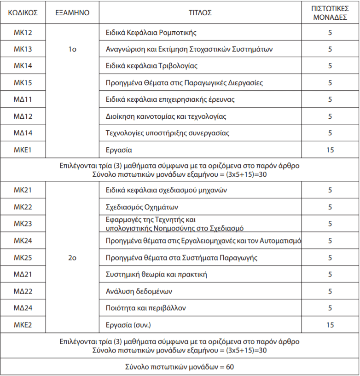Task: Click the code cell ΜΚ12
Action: tap(23, 33)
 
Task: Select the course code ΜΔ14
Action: tap(23, 133)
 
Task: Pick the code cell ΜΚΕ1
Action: tap(23, 150)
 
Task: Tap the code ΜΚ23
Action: tap(23, 224)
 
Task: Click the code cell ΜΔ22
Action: tap(23, 291)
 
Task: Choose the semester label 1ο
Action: tap(72, 49)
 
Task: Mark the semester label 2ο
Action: tap(72, 258)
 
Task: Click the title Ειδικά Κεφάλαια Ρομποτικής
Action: tap(151, 33)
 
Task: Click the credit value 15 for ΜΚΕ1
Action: tap(330, 150)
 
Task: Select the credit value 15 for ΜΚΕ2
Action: tap(330, 325)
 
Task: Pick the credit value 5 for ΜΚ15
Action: tap(330, 83)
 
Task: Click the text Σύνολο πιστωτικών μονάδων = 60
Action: tap(180, 367)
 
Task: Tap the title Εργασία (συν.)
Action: tap(128, 325)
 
